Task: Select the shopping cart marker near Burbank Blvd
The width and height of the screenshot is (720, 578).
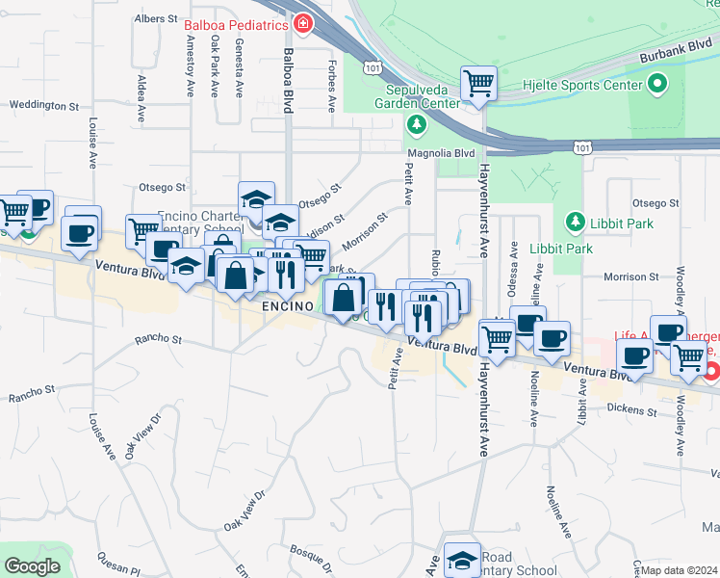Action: (x=478, y=83)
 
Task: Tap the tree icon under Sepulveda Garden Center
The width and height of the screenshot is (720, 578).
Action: (x=416, y=124)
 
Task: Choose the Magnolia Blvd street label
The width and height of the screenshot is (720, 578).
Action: (x=441, y=152)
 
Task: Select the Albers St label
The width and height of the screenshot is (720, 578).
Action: (x=158, y=18)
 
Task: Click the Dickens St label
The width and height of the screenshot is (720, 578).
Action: (x=632, y=410)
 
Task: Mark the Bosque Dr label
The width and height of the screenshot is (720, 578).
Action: (x=309, y=555)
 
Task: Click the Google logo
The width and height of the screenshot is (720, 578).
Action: (x=32, y=566)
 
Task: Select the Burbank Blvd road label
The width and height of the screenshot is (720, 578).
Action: (x=669, y=57)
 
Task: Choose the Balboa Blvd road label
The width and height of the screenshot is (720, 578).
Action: (x=286, y=81)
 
